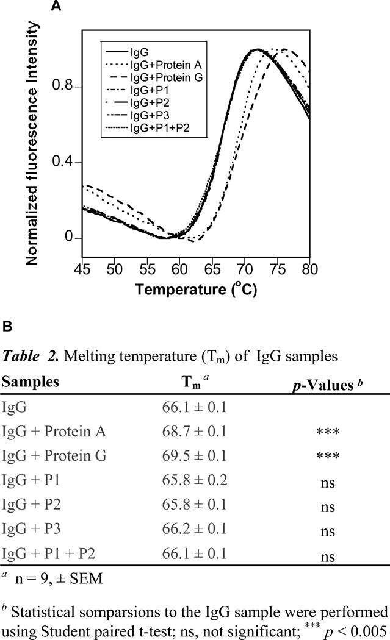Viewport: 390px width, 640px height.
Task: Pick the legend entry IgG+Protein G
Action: coord(156,76)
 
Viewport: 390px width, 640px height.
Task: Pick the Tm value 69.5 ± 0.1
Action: coord(193,455)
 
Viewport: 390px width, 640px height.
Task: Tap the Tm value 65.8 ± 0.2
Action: coord(193,480)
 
